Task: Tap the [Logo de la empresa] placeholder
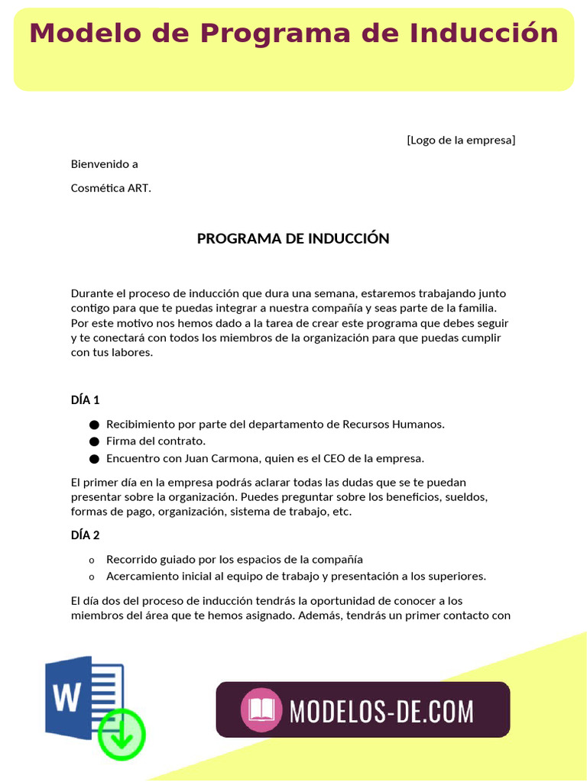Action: [461, 140]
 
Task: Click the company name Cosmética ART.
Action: [111, 188]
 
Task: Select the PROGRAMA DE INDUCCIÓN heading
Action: [293, 238]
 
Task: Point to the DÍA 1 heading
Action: [86, 399]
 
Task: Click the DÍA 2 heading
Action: [86, 535]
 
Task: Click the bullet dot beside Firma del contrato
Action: [95, 441]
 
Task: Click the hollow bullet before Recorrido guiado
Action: [92, 560]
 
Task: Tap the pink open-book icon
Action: [261, 710]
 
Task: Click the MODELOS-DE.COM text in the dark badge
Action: [381, 711]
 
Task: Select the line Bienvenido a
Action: [105, 164]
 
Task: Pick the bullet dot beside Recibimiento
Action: [95, 425]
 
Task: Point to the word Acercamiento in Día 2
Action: [141, 576]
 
